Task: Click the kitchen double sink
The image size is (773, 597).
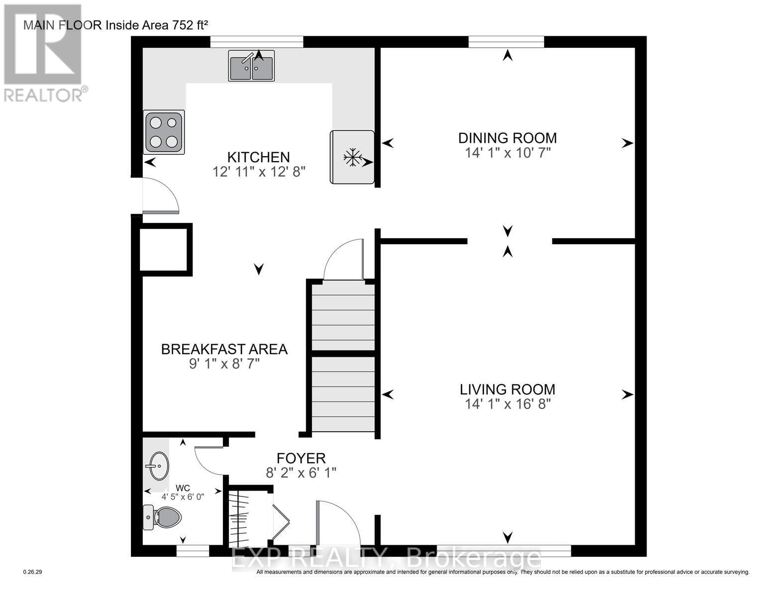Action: [x=251, y=66]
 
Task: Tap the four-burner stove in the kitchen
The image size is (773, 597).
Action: [x=164, y=132]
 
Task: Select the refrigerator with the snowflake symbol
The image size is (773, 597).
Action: [x=352, y=157]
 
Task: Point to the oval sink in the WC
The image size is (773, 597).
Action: [x=158, y=466]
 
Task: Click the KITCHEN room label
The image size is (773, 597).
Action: [x=258, y=157]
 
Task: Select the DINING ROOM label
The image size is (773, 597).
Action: [x=507, y=138]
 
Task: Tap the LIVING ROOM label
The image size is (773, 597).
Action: [x=507, y=390]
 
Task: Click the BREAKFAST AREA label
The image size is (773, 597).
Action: [x=224, y=349]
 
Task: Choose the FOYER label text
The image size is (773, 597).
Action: [x=301, y=458]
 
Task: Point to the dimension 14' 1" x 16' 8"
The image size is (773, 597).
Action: [x=508, y=404]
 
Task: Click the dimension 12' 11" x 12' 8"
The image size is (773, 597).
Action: [x=258, y=172]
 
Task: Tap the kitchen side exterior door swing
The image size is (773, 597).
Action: [x=159, y=196]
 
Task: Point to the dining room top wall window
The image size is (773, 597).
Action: [x=506, y=42]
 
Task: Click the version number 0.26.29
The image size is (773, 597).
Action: [x=33, y=572]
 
